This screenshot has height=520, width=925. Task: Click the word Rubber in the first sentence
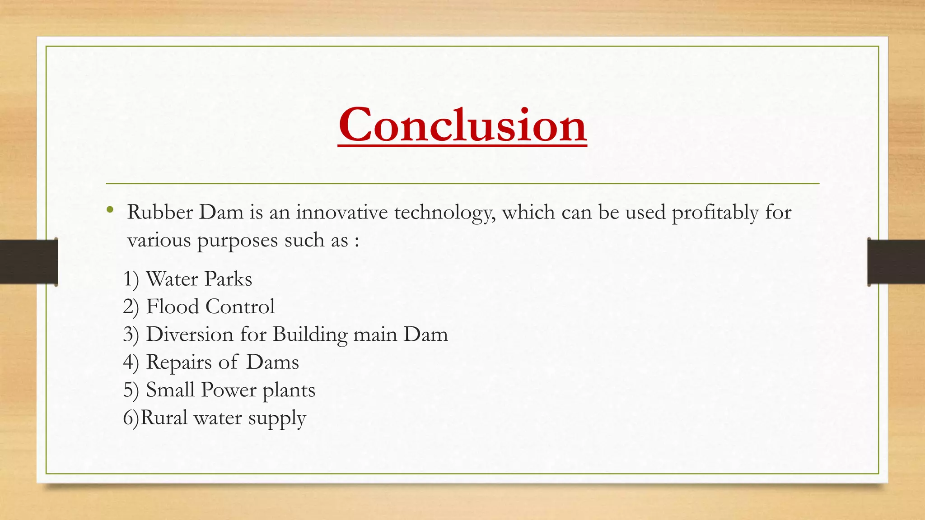click(160, 212)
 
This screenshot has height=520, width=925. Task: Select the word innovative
click(342, 212)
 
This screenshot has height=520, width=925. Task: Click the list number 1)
click(131, 279)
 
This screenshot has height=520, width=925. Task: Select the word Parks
click(228, 279)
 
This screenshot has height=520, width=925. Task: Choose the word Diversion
click(190, 334)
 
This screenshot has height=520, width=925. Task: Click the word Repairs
click(179, 362)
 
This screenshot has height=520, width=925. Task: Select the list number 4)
click(131, 362)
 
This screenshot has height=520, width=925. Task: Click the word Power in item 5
click(228, 390)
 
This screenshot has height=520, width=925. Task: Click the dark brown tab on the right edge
click(896, 262)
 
